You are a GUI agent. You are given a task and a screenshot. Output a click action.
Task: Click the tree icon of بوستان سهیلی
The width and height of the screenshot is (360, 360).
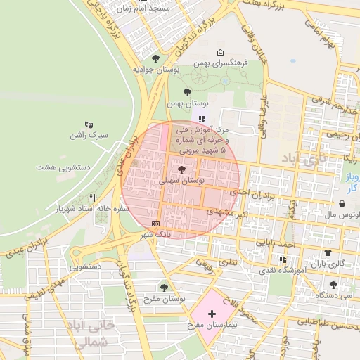coord(182,169)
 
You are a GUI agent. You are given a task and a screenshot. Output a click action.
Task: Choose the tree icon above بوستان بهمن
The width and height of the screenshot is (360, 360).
coord(187,92)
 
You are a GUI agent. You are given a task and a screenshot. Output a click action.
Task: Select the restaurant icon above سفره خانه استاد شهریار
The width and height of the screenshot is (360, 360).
coord(91,198)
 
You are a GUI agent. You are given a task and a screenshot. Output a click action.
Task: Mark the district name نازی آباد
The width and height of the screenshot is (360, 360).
coord(304,158)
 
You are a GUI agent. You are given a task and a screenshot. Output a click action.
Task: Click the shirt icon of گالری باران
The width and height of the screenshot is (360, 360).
coord(326,252)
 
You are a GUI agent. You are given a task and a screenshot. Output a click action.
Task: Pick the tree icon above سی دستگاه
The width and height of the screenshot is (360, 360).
coord(333,285)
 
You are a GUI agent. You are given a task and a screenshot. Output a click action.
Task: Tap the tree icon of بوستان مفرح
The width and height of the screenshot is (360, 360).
coord(164,287)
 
